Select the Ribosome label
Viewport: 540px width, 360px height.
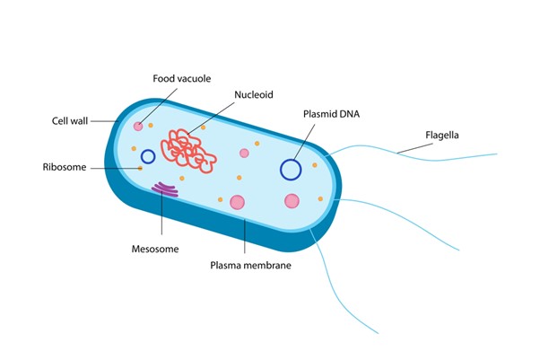point(65,167)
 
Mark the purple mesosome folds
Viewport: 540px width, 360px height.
point(165,189)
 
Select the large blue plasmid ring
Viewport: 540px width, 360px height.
point(291,169)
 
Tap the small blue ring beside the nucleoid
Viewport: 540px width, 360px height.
point(148,156)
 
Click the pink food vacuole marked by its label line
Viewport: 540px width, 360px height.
point(138,127)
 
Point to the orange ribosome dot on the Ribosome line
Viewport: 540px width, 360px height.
point(140,168)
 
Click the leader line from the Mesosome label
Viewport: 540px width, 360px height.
point(161,215)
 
